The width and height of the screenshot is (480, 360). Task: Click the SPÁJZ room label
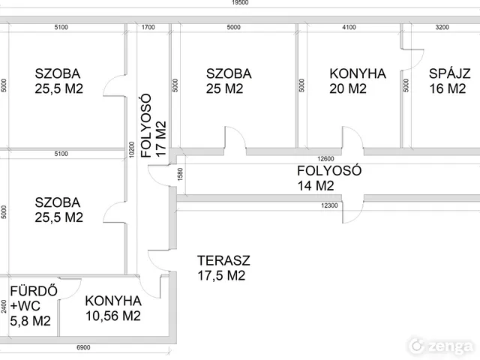point(449,73)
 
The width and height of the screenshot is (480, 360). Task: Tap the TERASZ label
point(223,261)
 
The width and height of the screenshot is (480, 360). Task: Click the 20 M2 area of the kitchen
point(347,89)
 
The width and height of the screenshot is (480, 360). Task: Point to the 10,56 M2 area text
point(112,316)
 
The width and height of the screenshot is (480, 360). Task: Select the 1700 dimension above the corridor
point(148,28)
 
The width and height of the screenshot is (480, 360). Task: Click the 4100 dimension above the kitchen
point(349,28)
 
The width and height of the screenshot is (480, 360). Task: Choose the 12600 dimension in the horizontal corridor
point(325,158)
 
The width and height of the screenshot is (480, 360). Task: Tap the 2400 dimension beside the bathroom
point(4,307)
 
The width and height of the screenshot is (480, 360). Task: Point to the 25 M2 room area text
point(224,89)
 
